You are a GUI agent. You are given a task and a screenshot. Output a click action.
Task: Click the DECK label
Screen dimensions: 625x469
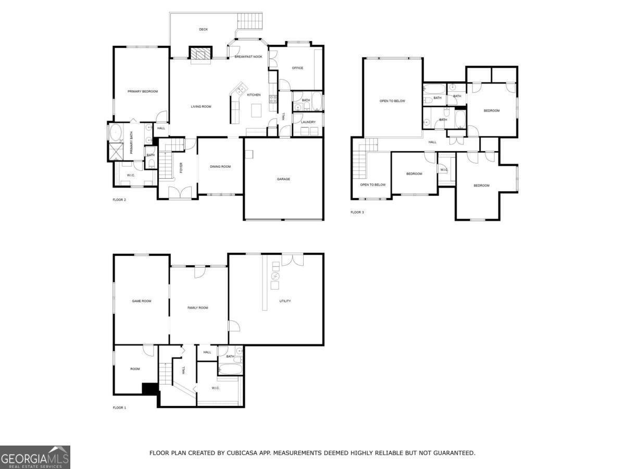pos(203,29)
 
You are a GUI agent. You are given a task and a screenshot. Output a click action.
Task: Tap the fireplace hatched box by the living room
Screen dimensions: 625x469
pos(201,53)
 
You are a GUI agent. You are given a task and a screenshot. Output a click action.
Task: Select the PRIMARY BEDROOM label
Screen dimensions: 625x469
pos(143,91)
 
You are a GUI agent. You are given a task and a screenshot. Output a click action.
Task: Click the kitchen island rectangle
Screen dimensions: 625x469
pos(256,110)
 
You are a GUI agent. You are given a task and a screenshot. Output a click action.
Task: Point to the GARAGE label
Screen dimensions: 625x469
pos(283,179)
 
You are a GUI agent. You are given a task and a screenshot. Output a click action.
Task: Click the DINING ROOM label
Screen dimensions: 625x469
pos(220,167)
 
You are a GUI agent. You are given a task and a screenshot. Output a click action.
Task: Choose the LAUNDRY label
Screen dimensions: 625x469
pos(308,122)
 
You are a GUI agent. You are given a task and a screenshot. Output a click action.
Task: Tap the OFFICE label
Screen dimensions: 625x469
pos(297,68)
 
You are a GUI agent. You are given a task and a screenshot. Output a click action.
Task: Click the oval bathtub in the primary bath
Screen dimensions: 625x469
pos(116,132)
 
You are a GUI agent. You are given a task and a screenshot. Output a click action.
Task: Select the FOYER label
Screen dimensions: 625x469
pos(181,168)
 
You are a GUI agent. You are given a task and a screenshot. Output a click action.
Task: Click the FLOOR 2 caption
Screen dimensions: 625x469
pos(119,200)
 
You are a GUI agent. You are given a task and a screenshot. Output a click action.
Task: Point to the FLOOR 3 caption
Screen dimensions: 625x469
pos(357,212)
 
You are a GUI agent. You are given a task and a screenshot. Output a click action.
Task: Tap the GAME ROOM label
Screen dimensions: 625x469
pos(142,301)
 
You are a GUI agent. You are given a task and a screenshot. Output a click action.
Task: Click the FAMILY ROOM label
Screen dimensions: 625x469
pos(197,308)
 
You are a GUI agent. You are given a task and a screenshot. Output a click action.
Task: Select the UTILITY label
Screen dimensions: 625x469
pos(285,301)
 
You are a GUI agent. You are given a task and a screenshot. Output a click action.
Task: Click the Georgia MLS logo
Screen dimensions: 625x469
pos(35,458)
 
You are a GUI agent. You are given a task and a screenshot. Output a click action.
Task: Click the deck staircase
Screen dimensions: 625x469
pos(249,21)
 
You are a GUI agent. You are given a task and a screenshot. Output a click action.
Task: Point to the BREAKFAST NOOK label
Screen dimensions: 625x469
pos(248,57)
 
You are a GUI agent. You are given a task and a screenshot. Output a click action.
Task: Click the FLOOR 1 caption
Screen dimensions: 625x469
pos(119,408)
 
